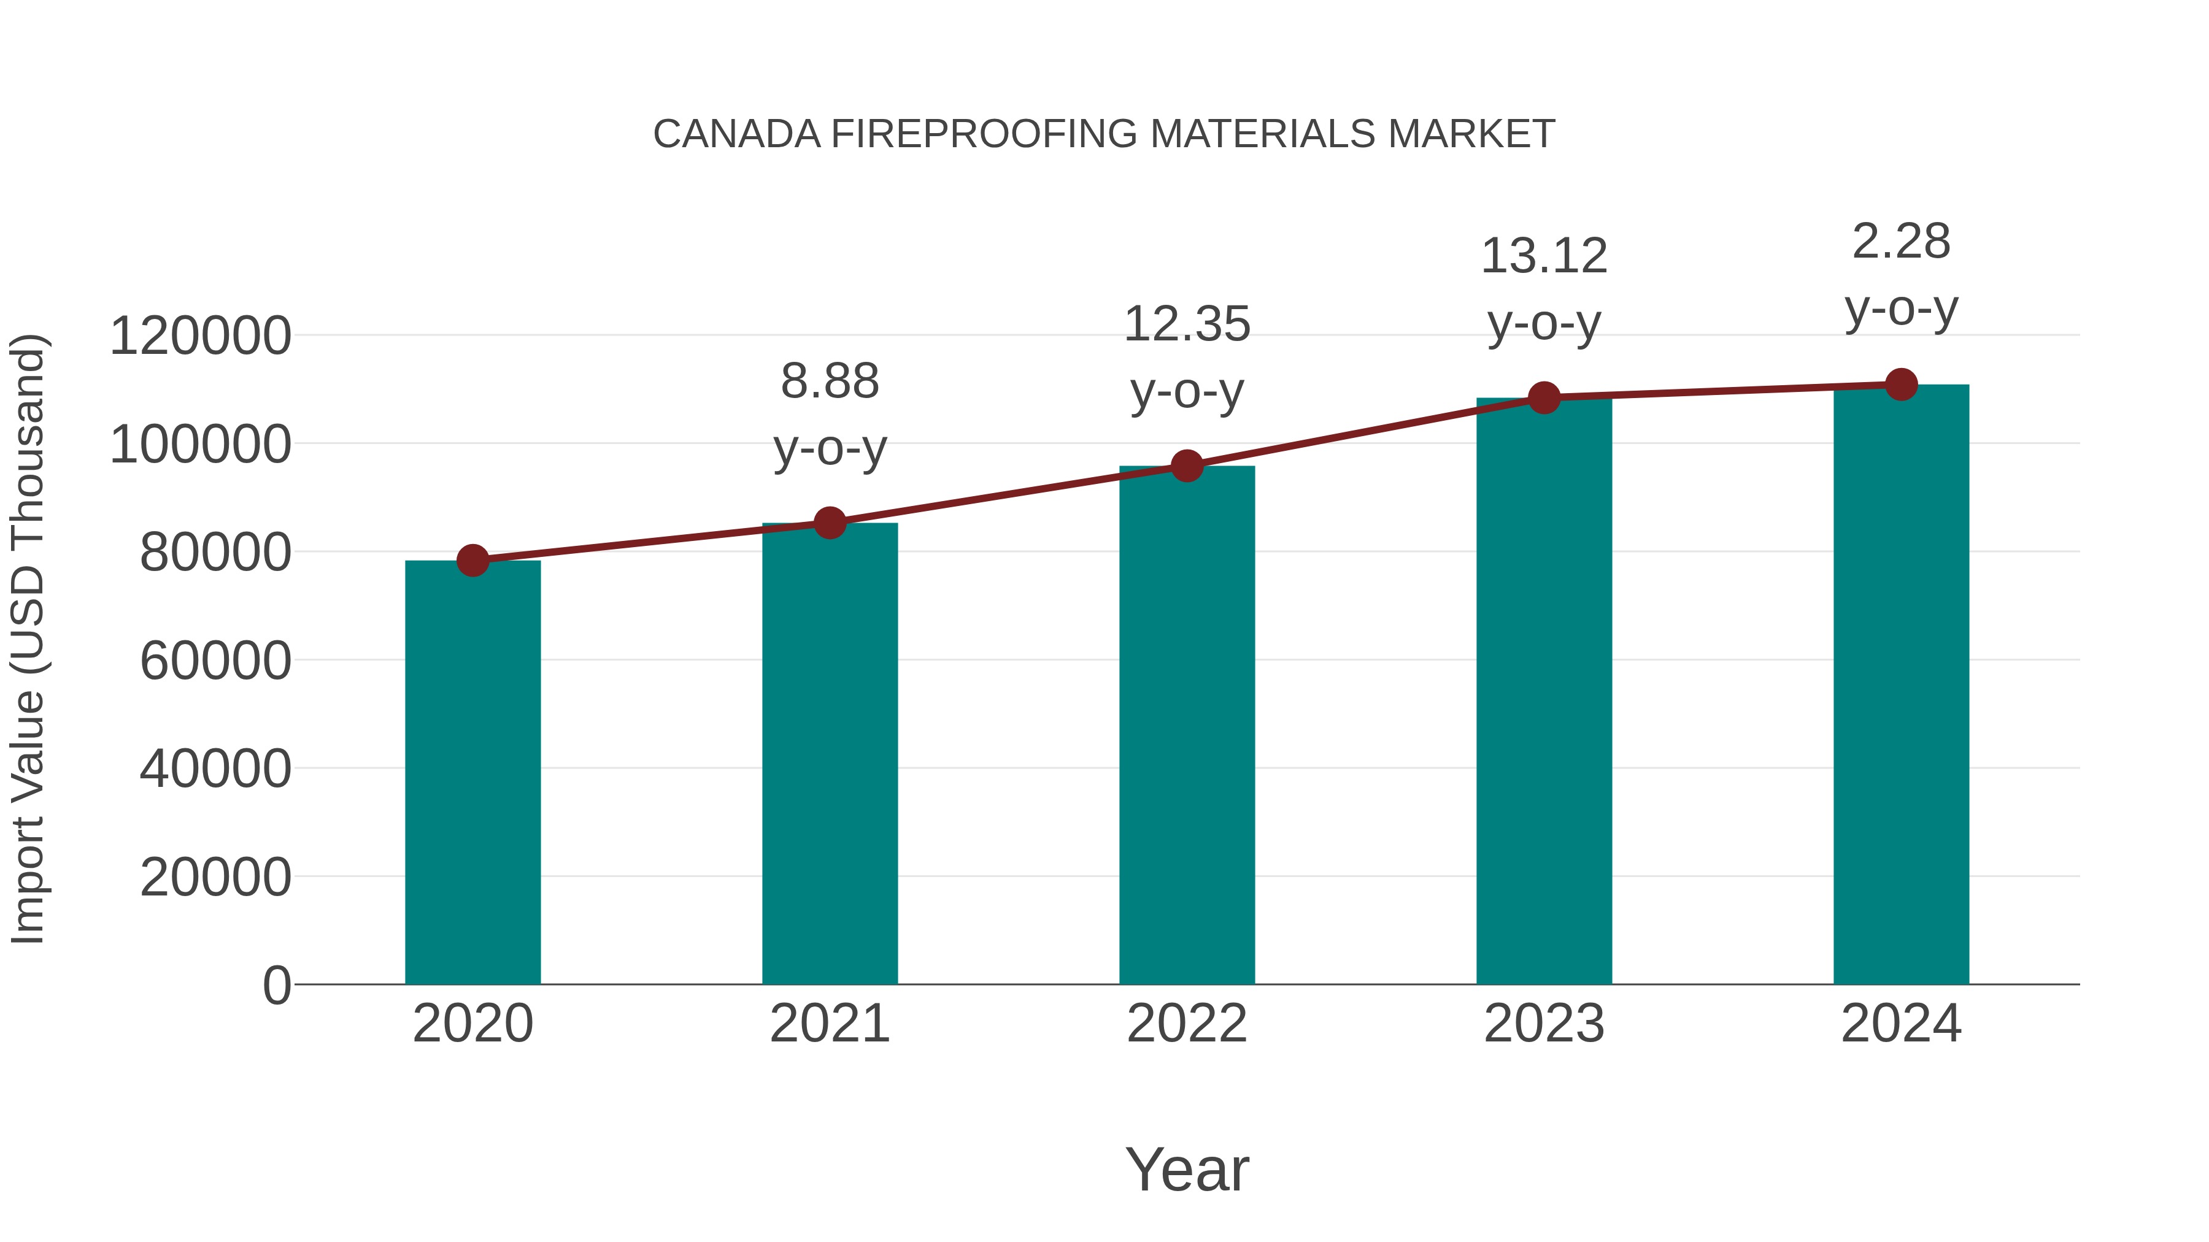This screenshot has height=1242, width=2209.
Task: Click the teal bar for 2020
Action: click(472, 772)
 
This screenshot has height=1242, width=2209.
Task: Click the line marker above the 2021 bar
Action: click(829, 523)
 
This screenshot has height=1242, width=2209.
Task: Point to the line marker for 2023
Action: click(1544, 397)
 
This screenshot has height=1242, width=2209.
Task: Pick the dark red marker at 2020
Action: click(472, 561)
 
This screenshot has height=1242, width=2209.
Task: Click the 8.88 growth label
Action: click(829, 381)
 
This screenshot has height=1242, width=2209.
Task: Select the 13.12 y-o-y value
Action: click(1544, 256)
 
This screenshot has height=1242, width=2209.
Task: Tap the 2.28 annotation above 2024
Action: click(1901, 242)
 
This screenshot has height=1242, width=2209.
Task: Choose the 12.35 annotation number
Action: click(1187, 325)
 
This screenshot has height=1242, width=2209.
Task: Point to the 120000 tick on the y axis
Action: click(200, 336)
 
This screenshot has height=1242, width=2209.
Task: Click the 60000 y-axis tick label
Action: click(215, 661)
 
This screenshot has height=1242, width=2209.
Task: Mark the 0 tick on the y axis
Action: click(276, 985)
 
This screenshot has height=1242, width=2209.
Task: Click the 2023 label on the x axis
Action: click(1544, 1024)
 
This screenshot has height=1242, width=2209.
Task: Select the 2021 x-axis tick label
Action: click(829, 1024)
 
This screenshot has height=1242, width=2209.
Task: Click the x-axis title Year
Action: click(1187, 1169)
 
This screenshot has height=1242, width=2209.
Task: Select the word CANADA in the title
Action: click(736, 134)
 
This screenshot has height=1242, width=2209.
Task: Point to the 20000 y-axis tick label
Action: click(215, 878)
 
